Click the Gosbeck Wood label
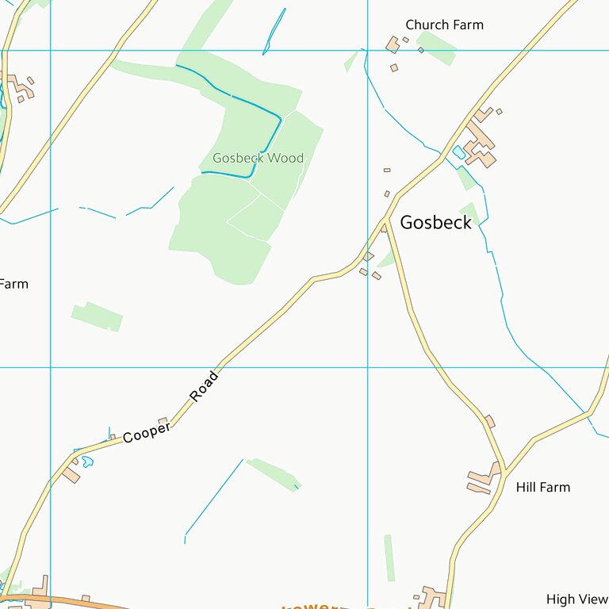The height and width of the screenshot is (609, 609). pyautogui.click(x=258, y=158)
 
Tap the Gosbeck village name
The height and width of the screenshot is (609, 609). pyautogui.click(x=435, y=223)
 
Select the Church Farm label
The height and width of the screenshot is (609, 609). pyautogui.click(x=444, y=25)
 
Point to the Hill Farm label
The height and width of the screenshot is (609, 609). pyautogui.click(x=542, y=487)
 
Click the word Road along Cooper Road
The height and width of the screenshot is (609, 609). pyautogui.click(x=203, y=386)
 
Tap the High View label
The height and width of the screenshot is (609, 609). pyautogui.click(x=576, y=599)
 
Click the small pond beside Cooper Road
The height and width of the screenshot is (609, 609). pyautogui.click(x=87, y=461)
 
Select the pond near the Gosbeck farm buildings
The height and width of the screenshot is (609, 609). pyautogui.click(x=458, y=151)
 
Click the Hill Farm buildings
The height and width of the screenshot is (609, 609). pyautogui.click(x=482, y=481)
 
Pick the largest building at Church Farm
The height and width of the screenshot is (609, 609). pyautogui.click(x=392, y=44)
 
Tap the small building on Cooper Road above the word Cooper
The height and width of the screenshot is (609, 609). pyautogui.click(x=163, y=421)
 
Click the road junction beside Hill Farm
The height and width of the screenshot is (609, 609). pyautogui.click(x=505, y=473)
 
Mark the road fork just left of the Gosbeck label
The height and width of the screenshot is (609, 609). pyautogui.click(x=386, y=218)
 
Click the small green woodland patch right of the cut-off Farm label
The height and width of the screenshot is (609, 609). pyautogui.click(x=98, y=316)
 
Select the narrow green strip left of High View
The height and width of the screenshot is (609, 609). pyautogui.click(x=389, y=557)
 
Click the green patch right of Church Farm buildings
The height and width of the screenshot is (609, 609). pyautogui.click(x=438, y=47)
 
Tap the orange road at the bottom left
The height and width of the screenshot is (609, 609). pyautogui.click(x=79, y=602)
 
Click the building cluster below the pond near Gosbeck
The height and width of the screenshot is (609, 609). pyautogui.click(x=481, y=144)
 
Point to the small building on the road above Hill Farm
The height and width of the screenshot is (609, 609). pyautogui.click(x=490, y=421)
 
